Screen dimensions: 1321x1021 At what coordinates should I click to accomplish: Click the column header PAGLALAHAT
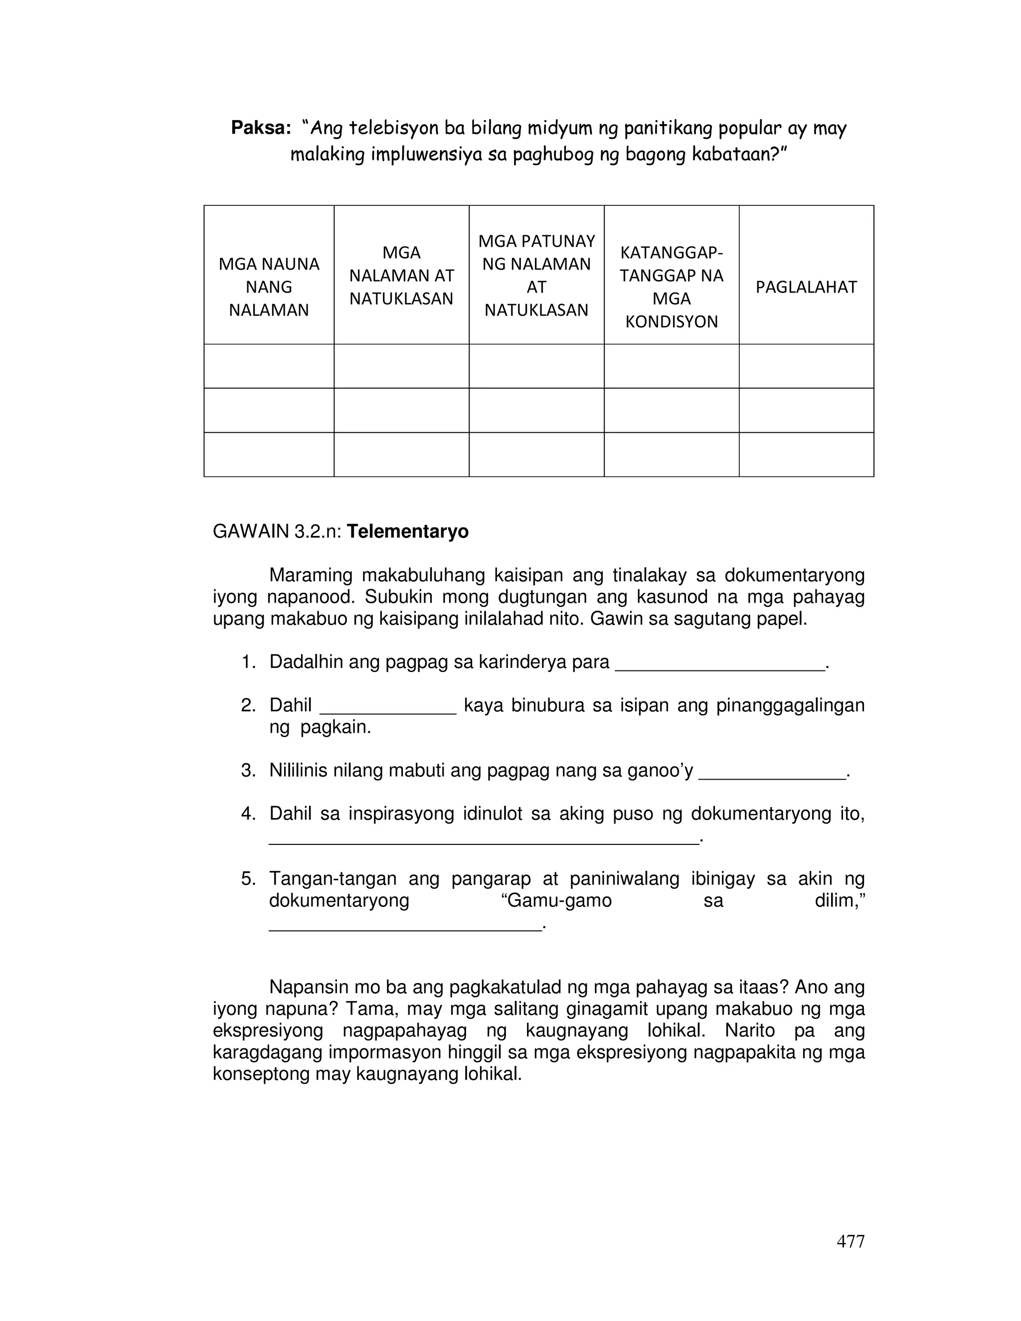806,287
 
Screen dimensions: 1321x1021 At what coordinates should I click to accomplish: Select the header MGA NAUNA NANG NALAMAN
269,287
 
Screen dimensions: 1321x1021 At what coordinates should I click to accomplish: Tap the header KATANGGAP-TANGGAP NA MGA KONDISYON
671,287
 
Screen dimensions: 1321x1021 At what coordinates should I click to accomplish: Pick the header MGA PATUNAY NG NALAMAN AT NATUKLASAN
536,276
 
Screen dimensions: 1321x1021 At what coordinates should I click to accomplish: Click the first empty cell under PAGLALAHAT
806,366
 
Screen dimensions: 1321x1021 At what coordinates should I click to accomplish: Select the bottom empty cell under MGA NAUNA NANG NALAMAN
269,454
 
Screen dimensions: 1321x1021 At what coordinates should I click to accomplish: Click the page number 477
850,1241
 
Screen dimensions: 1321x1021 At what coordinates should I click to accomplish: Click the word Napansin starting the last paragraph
306,987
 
